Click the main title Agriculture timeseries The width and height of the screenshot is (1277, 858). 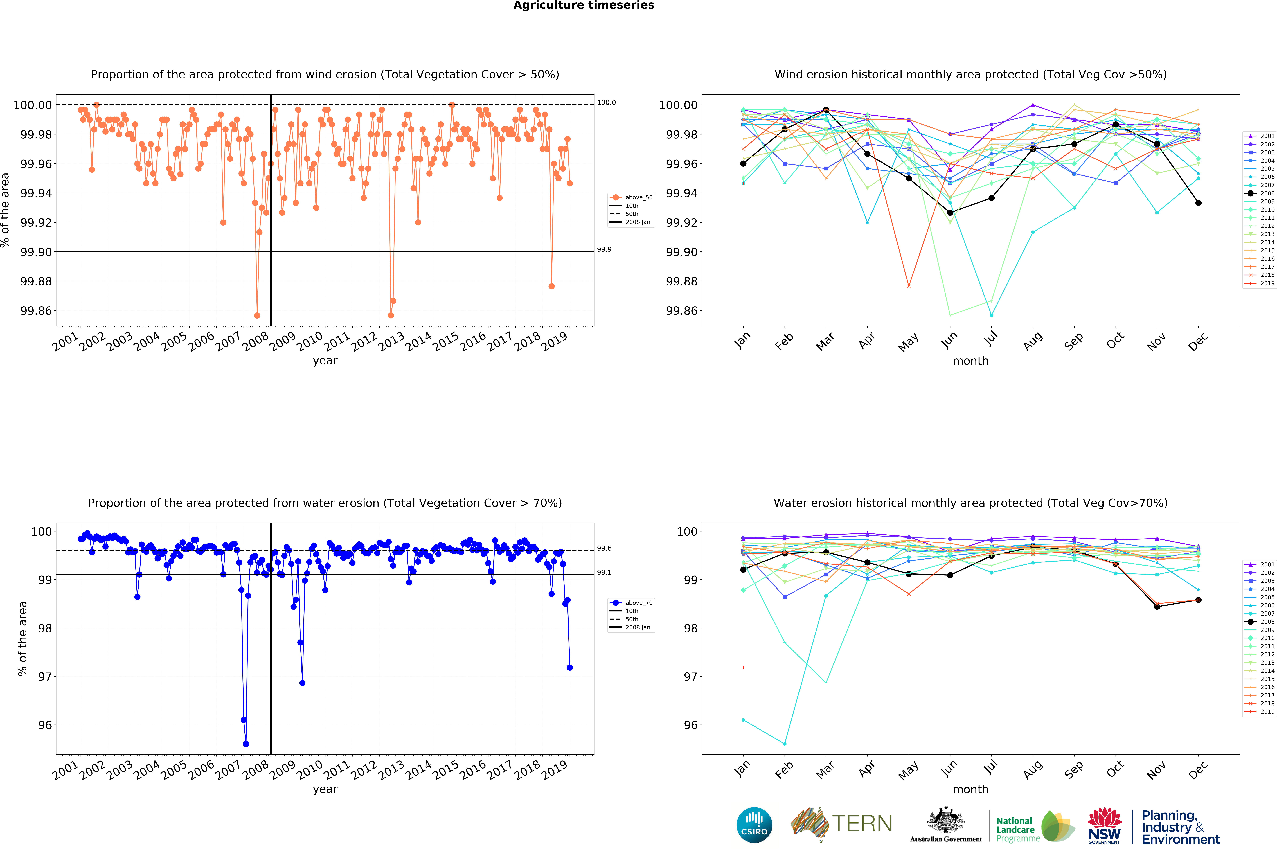[583, 6]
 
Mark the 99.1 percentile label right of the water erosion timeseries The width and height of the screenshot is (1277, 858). [604, 572]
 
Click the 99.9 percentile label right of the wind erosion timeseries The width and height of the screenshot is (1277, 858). [604, 249]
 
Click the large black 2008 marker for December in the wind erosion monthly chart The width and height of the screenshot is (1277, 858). [1198, 203]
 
